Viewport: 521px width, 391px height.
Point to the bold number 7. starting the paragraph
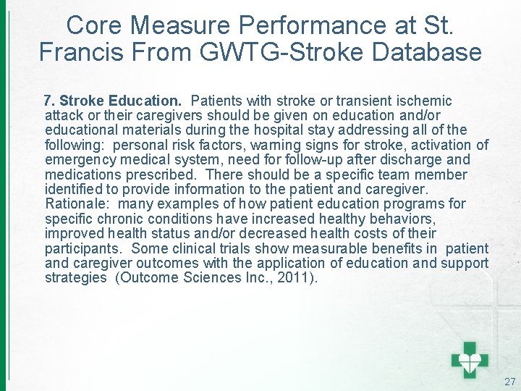pos(50,101)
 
